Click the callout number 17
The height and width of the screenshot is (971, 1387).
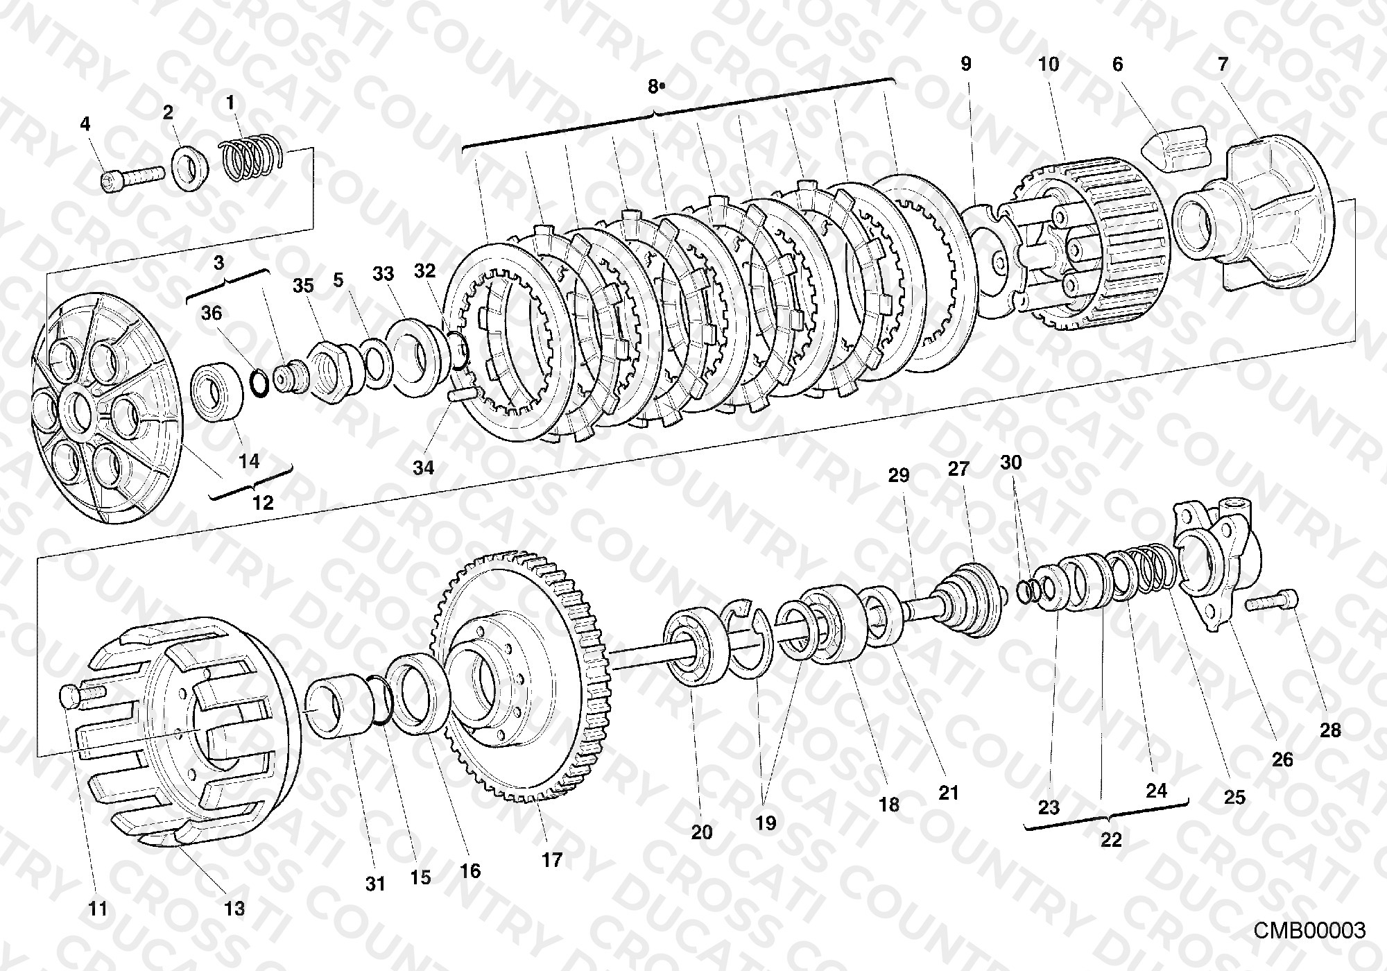(x=552, y=860)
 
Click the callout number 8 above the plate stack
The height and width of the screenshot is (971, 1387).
(x=653, y=86)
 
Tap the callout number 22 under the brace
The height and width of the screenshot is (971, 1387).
(x=1111, y=839)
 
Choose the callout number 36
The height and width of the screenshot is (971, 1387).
(x=212, y=313)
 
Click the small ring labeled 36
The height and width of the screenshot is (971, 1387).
(x=259, y=384)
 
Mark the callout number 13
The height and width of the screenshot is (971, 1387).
(x=234, y=908)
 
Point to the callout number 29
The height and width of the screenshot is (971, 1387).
(x=899, y=475)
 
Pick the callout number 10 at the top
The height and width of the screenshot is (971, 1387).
(x=1049, y=65)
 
